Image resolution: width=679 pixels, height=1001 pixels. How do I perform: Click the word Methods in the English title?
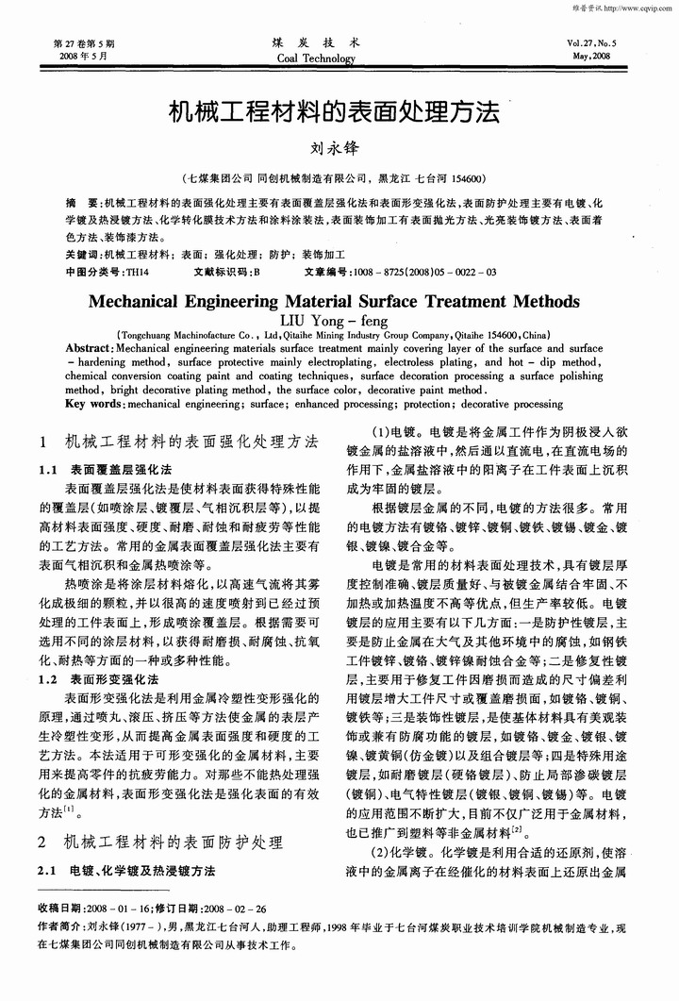point(534,302)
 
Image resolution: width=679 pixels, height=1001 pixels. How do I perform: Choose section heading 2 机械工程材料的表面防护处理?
point(165,840)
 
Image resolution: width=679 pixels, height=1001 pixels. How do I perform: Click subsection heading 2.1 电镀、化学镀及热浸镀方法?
point(132,870)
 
